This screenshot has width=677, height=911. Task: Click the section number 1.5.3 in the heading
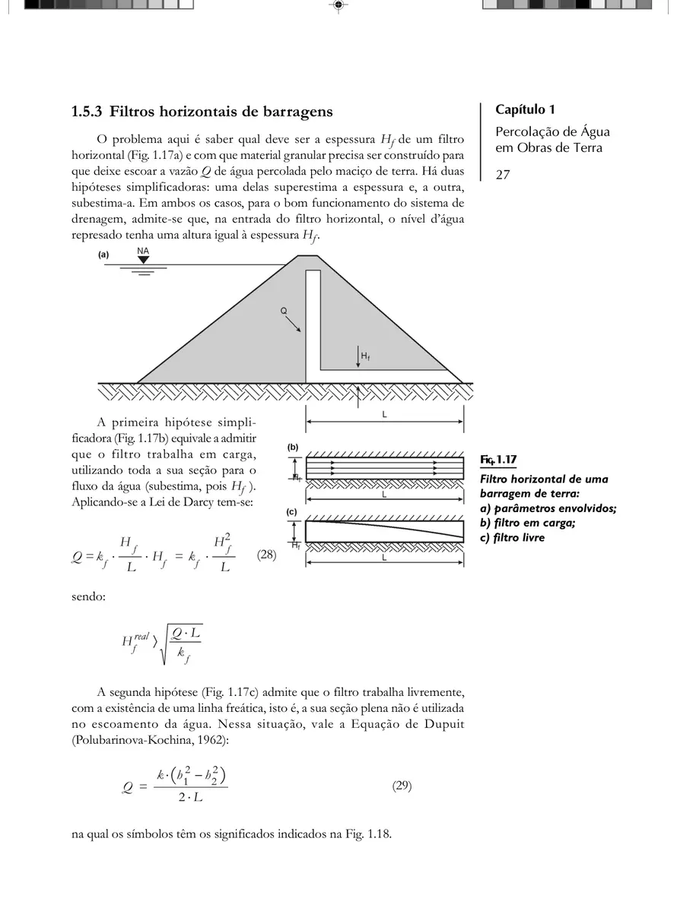[x=87, y=112]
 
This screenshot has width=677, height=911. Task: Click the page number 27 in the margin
[x=503, y=176]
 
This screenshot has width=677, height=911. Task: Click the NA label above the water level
[x=142, y=250]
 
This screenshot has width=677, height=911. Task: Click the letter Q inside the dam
[x=284, y=311]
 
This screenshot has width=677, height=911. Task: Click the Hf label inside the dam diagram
[x=366, y=356]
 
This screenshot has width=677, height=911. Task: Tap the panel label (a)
[x=104, y=255]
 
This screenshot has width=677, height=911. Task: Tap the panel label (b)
[x=292, y=448]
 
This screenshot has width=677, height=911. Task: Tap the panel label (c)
[x=291, y=512]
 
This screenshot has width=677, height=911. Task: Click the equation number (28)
[x=266, y=555]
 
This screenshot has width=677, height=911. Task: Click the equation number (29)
[x=402, y=786]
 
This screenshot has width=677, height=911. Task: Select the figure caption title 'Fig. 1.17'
[x=499, y=460]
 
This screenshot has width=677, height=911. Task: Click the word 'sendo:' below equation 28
[x=88, y=596]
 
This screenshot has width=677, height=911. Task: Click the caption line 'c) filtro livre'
[x=513, y=538]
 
